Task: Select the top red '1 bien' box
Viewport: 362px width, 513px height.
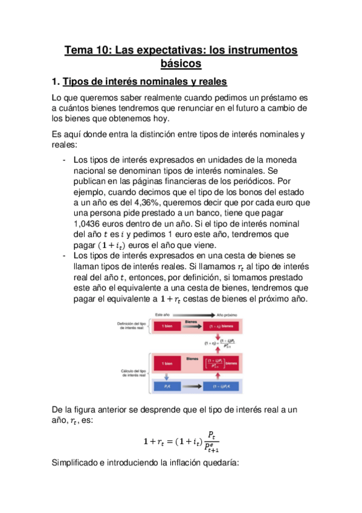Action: (167, 326)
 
